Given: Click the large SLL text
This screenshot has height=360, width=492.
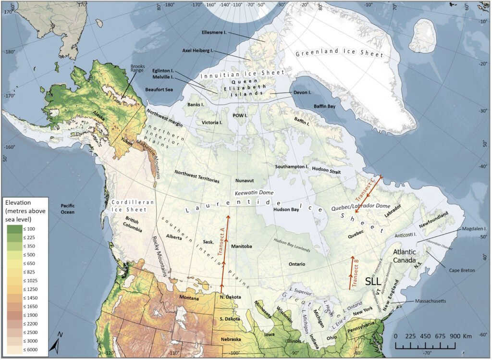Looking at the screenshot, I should (x=376, y=281).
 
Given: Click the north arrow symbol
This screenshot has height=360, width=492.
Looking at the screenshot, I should (x=57, y=343).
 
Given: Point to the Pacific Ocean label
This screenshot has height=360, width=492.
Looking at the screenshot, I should (x=69, y=209).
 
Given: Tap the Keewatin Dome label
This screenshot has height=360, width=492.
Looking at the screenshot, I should (x=254, y=192).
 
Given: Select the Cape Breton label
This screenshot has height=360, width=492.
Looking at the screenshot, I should (x=461, y=271).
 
